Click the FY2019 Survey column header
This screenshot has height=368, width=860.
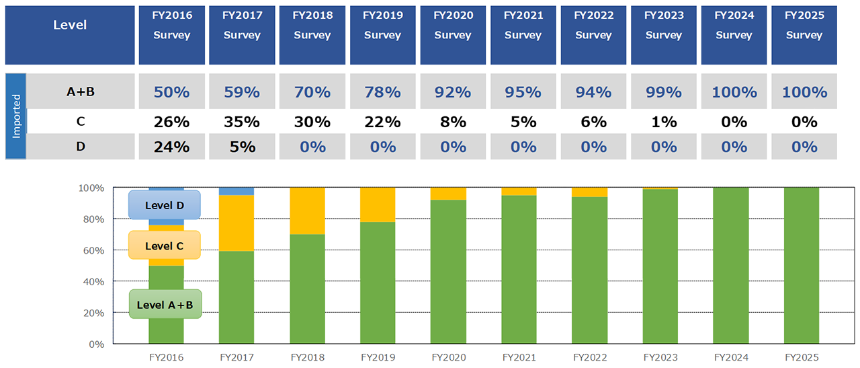tap(382, 35)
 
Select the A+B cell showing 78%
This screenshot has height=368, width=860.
tap(382, 91)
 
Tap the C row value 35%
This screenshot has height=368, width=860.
tap(241, 122)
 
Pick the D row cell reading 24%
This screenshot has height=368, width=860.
tap(171, 147)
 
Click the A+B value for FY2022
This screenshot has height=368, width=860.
tap(593, 91)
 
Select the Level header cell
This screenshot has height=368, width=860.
tap(70, 35)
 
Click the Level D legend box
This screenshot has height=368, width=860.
tap(164, 205)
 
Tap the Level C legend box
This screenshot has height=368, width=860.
tap(164, 246)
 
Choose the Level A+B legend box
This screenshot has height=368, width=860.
tap(165, 304)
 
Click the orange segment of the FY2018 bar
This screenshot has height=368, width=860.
tap(308, 211)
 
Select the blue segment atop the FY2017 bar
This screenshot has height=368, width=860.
tap(236, 191)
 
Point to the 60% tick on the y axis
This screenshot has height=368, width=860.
tap(95, 250)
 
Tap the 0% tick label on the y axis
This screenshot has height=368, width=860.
tap(97, 344)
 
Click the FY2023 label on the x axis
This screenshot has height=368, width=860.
tap(660, 357)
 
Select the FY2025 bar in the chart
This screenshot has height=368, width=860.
tap(801, 266)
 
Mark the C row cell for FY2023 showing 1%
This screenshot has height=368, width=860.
tap(663, 122)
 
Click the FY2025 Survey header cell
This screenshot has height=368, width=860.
tap(804, 35)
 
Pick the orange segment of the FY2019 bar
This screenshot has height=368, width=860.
tap(378, 205)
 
